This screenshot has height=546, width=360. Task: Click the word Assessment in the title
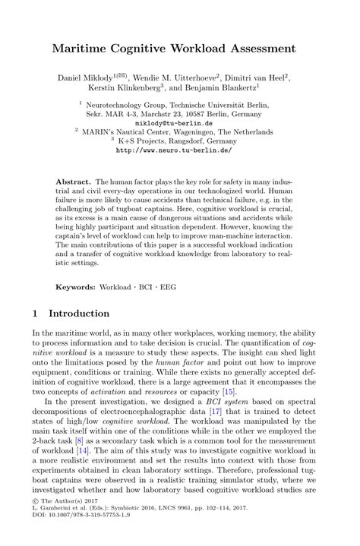tap(259, 49)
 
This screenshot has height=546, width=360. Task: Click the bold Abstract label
tap(73, 183)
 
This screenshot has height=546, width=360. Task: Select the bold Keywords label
tap(74, 267)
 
